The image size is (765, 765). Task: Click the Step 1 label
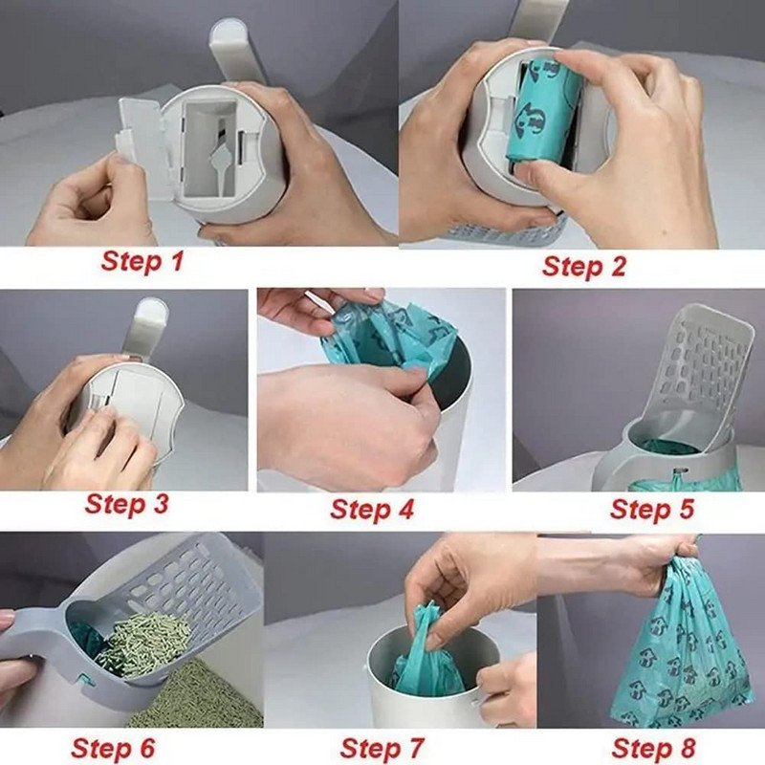coord(143,261)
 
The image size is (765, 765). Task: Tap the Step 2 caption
coord(583,265)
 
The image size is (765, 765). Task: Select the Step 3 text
coord(126,503)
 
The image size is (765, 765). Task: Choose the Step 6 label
coord(112,747)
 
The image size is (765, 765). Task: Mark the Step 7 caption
coord(382,747)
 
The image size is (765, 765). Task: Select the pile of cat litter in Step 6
coord(143,645)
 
